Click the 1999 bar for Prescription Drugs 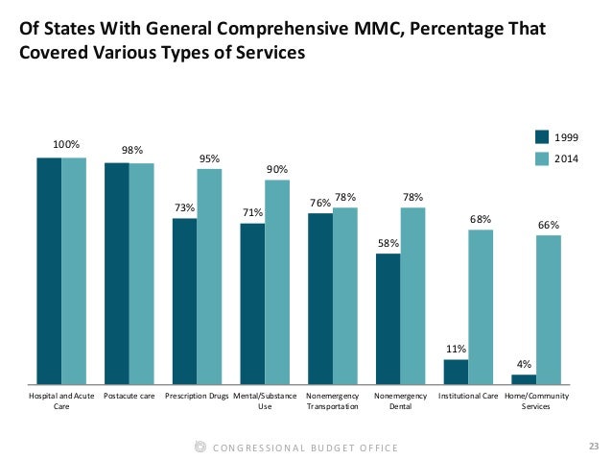pyautogui.click(x=185, y=302)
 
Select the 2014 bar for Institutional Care pyautogui.click(x=481, y=307)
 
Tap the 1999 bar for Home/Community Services pyautogui.click(x=524, y=379)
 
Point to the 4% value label pyautogui.click(x=524, y=364)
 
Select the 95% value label pyautogui.click(x=210, y=158)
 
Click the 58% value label pyautogui.click(x=388, y=243)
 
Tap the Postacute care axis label pyautogui.click(x=129, y=396)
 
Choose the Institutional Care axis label pyautogui.click(x=468, y=396)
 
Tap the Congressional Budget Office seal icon pyautogui.click(x=200, y=448)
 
